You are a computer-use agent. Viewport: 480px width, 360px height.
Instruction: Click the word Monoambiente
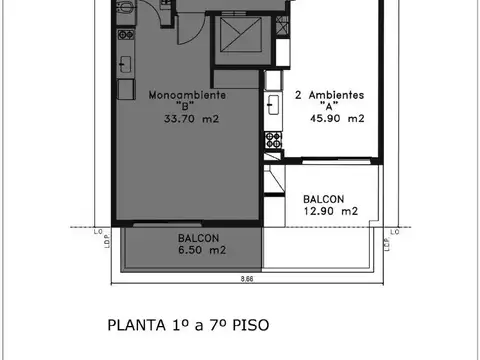pyautogui.click(x=187, y=95)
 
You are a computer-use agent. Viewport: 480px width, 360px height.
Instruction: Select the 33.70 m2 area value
pyautogui.click(x=191, y=118)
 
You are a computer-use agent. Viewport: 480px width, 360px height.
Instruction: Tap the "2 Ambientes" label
pyautogui.click(x=328, y=95)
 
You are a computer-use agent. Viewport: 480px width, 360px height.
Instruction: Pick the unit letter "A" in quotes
pyautogui.click(x=326, y=106)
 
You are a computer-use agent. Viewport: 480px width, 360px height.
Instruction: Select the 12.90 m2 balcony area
pyautogui.click(x=330, y=211)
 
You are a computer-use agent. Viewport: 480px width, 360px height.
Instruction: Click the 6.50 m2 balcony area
pyautogui.click(x=200, y=250)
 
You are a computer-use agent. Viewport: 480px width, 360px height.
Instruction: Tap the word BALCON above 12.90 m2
pyautogui.click(x=328, y=199)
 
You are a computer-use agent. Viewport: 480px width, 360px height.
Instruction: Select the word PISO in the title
pyautogui.click(x=249, y=325)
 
